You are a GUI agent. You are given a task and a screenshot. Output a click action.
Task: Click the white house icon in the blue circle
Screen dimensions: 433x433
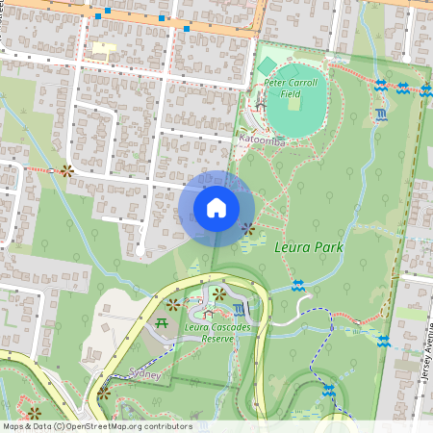tap(216, 208)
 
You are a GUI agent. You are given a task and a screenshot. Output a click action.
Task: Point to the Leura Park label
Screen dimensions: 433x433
tap(309, 247)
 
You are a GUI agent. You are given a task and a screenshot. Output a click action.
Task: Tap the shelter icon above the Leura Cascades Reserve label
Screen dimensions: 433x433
tap(204, 312)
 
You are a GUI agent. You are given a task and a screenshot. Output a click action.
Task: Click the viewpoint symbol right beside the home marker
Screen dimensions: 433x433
tap(248, 229)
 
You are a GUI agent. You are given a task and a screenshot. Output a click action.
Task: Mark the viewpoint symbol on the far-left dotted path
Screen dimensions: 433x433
tap(65, 171)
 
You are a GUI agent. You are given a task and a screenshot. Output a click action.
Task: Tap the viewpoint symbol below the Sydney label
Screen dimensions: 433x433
tap(103, 393)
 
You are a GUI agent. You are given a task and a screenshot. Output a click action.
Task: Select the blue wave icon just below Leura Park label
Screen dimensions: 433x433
tap(298, 285)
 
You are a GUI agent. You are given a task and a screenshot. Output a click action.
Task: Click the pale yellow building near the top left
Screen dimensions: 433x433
tap(102, 47)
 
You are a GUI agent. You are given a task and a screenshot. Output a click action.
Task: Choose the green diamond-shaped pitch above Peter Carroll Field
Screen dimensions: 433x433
tap(267, 65)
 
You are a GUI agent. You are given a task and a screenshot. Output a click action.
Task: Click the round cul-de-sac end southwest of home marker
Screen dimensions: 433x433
tap(140, 250)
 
